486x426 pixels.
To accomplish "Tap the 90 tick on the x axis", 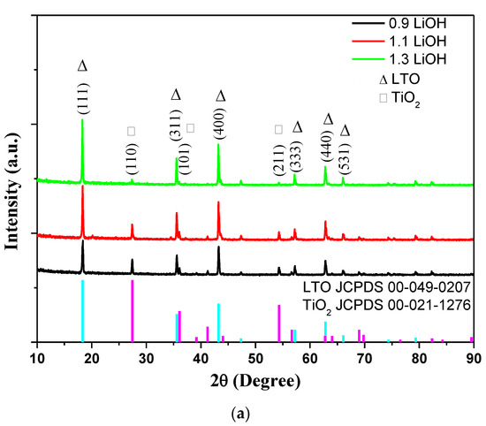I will [474, 356].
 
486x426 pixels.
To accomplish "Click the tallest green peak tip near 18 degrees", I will [82, 121].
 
